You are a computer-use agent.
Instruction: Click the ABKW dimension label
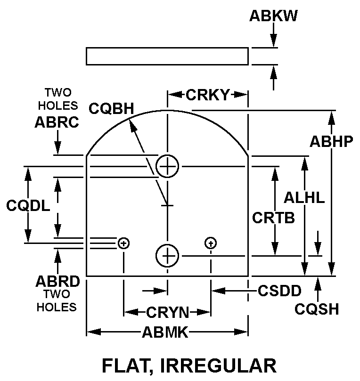point(273,16)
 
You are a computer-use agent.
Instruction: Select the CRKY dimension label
point(208,95)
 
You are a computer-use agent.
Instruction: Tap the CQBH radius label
point(111,108)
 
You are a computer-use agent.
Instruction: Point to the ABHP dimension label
point(331,141)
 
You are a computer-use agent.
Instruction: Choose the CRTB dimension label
point(273,218)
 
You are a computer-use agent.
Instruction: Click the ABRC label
point(57,122)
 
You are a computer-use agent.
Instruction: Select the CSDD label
point(279,291)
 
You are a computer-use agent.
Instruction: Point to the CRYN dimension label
point(167,312)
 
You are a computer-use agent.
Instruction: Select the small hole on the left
point(123,243)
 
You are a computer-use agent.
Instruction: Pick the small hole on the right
point(211,243)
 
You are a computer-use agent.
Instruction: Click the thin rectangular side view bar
point(167,56)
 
